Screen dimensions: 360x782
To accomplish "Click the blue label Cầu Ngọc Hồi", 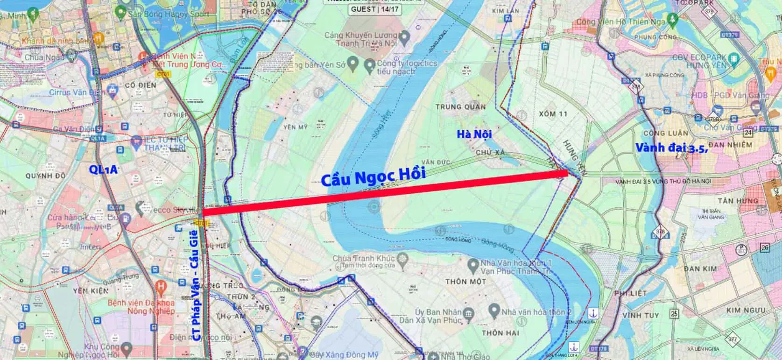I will (373, 176).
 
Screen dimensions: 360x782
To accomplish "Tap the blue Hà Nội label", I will (474, 134).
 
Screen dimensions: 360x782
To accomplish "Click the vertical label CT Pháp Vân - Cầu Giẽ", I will (197, 285).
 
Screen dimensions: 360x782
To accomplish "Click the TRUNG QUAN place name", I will (460, 107).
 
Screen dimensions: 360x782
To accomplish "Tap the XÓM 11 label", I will (553, 113).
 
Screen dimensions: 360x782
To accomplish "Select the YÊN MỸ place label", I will (295, 127).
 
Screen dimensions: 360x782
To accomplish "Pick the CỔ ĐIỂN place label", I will (141, 85).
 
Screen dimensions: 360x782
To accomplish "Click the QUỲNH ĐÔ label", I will (45, 176).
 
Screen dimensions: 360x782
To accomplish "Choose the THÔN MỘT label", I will (465, 282).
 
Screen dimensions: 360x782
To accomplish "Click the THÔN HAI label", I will (500, 333).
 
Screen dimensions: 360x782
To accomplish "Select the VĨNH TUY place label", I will (640, 316).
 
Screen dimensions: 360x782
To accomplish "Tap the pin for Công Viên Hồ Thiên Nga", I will (672, 20).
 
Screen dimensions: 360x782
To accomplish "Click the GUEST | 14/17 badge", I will (375, 9).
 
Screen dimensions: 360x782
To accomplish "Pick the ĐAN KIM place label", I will (700, 269).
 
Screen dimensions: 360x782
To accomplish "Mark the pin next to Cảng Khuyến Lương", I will (404, 36).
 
